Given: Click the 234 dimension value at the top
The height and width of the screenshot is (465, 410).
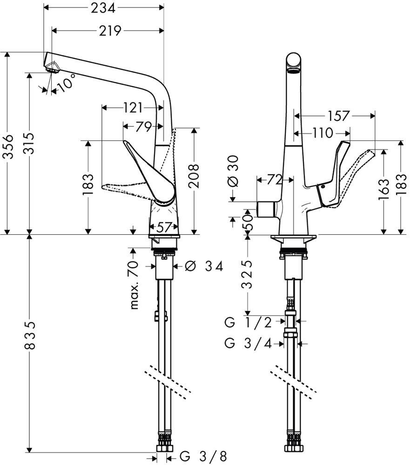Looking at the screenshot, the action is click(x=103, y=8).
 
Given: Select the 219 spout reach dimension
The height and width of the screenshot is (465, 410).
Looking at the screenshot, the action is click(x=110, y=31).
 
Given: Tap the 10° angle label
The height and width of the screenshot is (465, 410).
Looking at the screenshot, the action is click(x=66, y=82).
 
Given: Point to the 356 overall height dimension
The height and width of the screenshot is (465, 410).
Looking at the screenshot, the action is click(x=9, y=146).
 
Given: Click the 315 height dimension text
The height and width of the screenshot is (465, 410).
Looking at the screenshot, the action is click(x=28, y=144).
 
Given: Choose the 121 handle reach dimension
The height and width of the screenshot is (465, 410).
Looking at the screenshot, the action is click(x=133, y=108).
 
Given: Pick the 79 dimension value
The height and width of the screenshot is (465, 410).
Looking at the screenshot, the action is click(x=144, y=127).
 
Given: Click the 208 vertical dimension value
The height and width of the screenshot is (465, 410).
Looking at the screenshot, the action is click(x=194, y=176).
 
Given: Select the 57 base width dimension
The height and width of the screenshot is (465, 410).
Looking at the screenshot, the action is click(x=164, y=227).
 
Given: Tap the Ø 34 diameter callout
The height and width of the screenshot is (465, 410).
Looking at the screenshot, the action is click(x=204, y=266).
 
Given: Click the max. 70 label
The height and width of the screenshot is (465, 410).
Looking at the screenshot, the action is click(x=134, y=285).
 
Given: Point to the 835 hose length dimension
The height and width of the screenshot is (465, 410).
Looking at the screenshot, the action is click(x=30, y=335).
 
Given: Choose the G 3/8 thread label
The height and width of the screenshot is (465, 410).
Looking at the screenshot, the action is click(x=204, y=456).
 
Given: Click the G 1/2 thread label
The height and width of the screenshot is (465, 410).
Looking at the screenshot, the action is click(x=248, y=322).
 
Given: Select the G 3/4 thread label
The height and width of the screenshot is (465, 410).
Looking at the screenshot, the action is click(x=248, y=344).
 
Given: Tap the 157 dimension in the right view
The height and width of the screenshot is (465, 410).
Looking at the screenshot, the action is click(x=339, y=116).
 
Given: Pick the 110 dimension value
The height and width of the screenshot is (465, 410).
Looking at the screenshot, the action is click(x=323, y=133).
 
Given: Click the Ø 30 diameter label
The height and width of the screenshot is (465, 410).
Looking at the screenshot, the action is click(x=234, y=172).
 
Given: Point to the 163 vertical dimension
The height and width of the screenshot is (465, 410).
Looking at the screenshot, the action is click(x=383, y=189).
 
